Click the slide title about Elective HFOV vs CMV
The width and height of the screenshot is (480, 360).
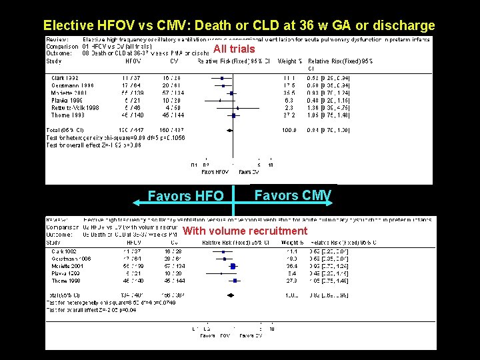coord(239,26)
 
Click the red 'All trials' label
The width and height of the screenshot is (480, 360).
coord(234,49)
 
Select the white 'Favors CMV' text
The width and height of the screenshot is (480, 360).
coord(293,195)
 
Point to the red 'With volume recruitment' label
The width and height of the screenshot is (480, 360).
coord(245,231)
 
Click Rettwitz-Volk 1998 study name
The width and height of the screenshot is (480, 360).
coord(74,107)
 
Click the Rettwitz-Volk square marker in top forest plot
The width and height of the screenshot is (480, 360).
coord(238,107)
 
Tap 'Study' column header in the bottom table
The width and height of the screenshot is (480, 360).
coord(54,243)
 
